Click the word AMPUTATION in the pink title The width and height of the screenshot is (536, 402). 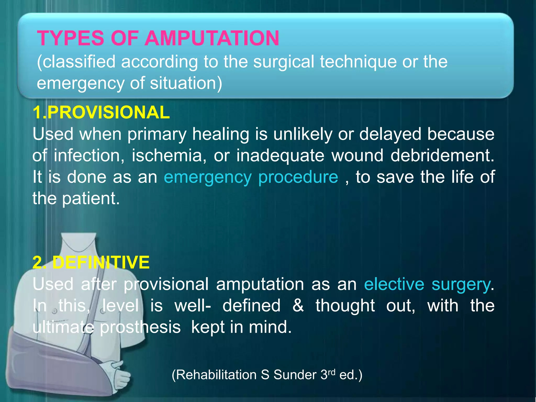[212, 38]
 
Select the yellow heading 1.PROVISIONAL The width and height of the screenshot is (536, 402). [101, 113]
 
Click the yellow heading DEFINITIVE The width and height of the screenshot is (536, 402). [101, 262]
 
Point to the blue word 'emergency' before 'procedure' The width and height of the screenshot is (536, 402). [208, 177]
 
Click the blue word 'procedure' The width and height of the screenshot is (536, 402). [298, 177]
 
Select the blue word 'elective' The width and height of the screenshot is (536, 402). [394, 284]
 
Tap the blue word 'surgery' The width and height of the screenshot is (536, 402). [461, 285]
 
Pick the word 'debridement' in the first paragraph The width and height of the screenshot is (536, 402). [442, 156]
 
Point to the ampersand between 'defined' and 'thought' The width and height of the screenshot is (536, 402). [298, 306]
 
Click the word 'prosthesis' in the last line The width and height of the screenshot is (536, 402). [140, 327]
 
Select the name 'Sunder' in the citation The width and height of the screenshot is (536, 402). [295, 375]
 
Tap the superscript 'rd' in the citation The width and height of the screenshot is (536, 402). [332, 372]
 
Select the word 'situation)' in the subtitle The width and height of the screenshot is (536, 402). [186, 83]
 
